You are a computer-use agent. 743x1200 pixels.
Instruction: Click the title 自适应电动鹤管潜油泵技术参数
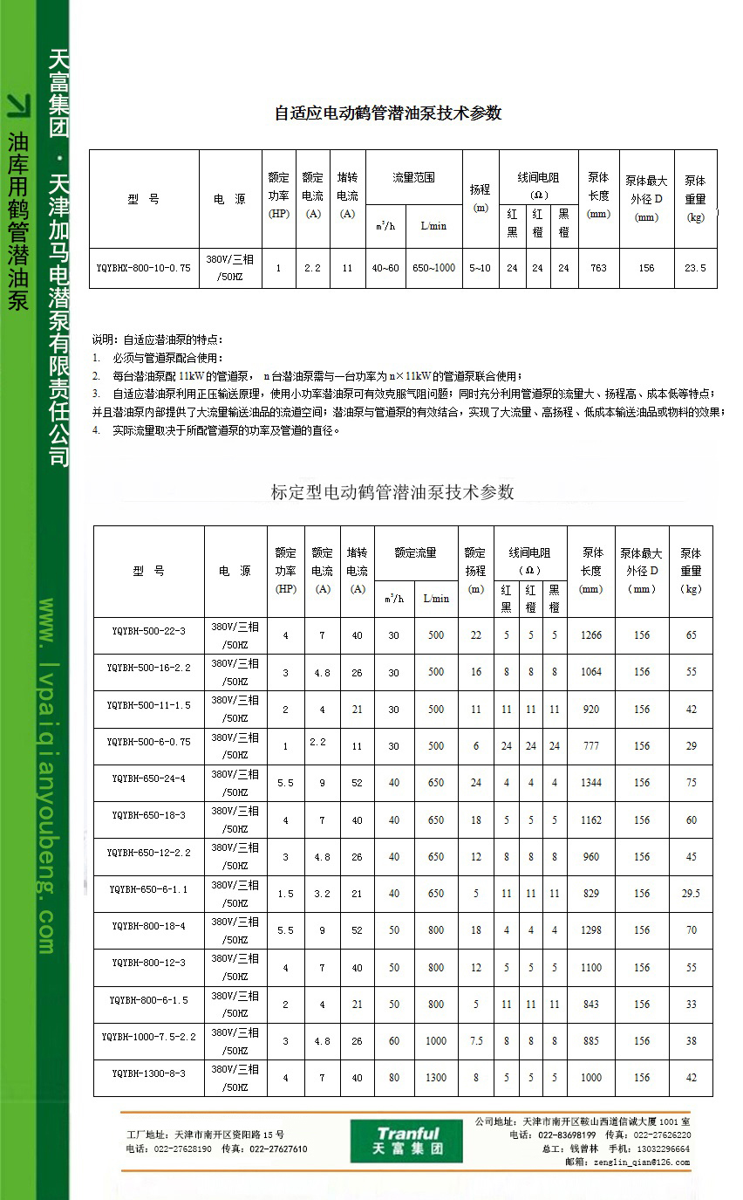388,113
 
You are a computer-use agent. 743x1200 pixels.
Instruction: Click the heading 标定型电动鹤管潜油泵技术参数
392,492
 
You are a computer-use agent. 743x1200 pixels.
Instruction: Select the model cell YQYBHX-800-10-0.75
143,269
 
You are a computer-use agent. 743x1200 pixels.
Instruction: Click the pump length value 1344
591,783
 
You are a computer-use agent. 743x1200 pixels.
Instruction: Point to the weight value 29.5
691,894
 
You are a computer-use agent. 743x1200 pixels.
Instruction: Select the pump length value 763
598,268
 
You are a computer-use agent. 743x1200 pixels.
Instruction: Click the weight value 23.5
695,268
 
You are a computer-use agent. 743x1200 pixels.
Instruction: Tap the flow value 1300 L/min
436,1078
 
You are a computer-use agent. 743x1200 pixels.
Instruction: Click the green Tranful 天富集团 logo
406,1141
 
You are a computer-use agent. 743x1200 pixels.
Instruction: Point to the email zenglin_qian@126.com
641,1162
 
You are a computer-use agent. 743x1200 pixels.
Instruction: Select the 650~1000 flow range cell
433,268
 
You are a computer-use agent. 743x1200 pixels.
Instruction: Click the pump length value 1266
591,635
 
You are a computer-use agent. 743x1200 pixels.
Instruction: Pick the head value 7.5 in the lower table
476,1041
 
